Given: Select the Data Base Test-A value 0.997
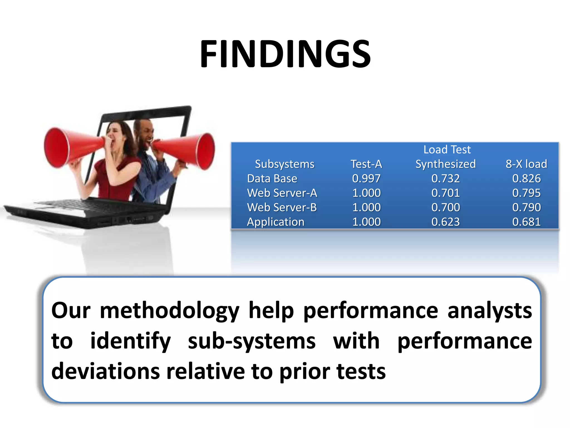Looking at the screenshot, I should pyautogui.click(x=366, y=178).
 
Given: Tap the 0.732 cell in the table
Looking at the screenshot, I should pyautogui.click(x=445, y=178).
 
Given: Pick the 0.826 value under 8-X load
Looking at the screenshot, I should pyautogui.click(x=526, y=178).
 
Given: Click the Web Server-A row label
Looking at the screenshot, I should pyautogui.click(x=282, y=193).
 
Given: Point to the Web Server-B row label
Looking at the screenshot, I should pyautogui.click(x=282, y=207).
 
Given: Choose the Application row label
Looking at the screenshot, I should pyautogui.click(x=276, y=222).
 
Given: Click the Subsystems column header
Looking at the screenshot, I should pyautogui.click(x=284, y=164).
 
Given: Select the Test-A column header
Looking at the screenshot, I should pyautogui.click(x=366, y=164).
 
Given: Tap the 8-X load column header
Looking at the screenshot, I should pyautogui.click(x=526, y=164).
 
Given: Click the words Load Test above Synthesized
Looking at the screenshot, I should pyautogui.click(x=447, y=150).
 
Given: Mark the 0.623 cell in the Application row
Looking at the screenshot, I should pyautogui.click(x=445, y=222).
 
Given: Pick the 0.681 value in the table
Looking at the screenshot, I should pyautogui.click(x=526, y=222).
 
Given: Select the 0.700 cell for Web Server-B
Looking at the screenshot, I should pyautogui.click(x=445, y=207).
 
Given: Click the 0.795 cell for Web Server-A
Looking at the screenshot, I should pyautogui.click(x=526, y=193).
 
